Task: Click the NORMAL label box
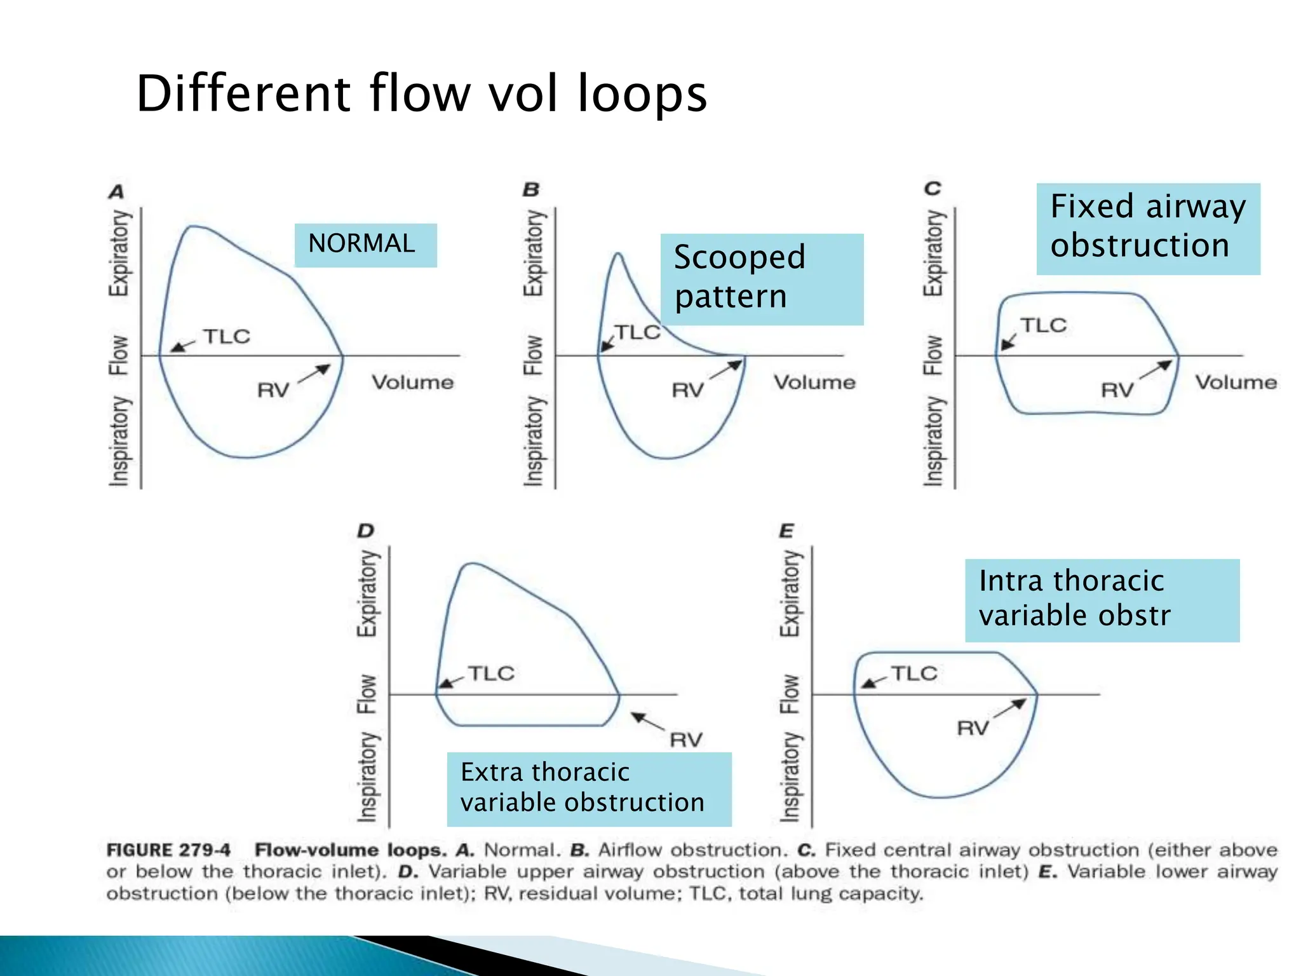click(365, 245)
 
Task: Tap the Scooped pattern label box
click(761, 279)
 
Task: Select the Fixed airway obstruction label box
click(1147, 228)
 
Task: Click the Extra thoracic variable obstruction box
click(588, 789)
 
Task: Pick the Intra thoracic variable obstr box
click(1102, 600)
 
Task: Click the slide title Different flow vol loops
click(421, 93)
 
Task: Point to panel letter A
click(116, 191)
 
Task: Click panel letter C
click(932, 189)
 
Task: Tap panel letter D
click(366, 530)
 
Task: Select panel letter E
click(786, 530)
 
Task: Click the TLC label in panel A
click(227, 336)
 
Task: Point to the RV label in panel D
click(686, 740)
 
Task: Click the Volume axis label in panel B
click(814, 382)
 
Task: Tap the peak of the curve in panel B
click(618, 255)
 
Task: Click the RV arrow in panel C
click(1156, 370)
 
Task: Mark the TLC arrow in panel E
click(873, 682)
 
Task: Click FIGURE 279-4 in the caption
click(168, 850)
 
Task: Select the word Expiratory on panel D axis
click(367, 593)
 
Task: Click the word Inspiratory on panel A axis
click(119, 441)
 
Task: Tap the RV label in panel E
click(973, 728)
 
